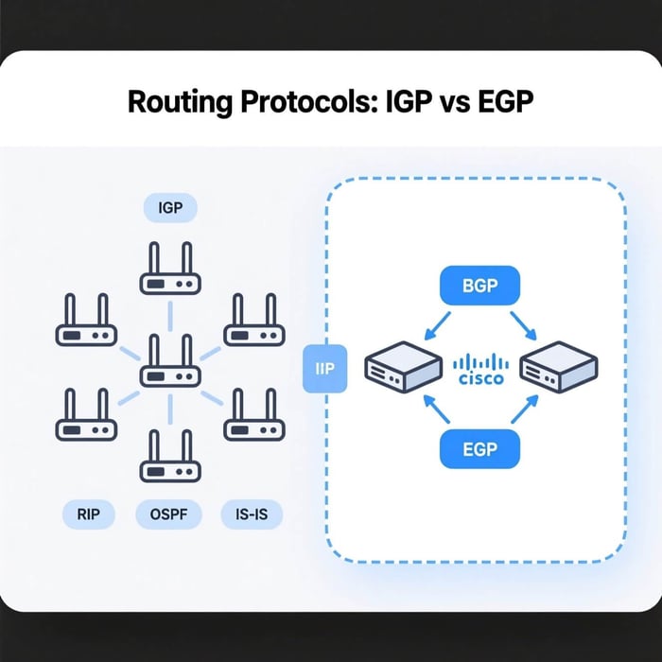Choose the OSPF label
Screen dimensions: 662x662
tap(170, 515)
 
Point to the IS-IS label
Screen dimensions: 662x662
tap(251, 515)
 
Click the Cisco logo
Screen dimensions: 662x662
tap(480, 369)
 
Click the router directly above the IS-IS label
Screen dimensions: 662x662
tap(252, 416)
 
